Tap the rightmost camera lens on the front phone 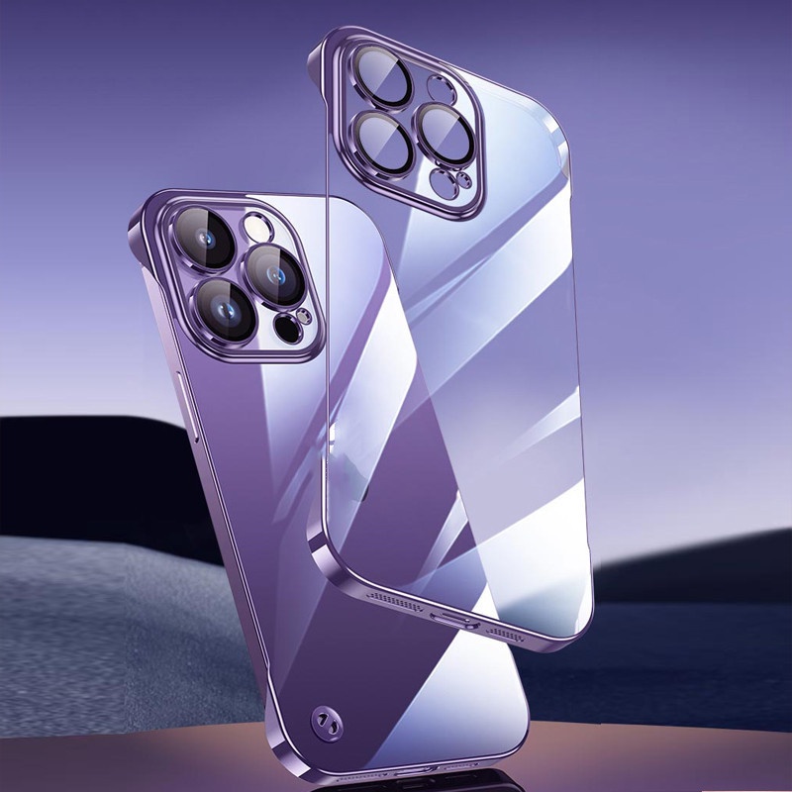276,274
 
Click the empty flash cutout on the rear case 441,88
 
